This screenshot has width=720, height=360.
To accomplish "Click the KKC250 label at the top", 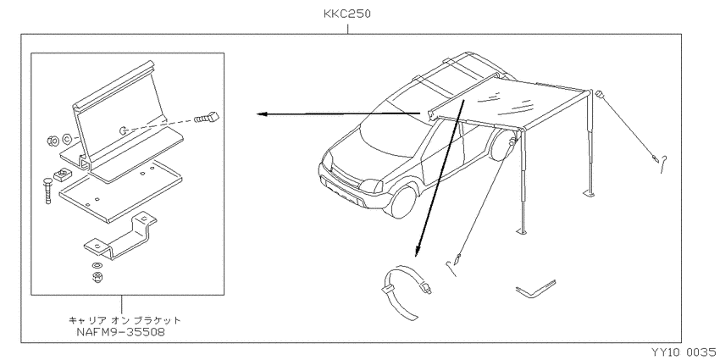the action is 346,14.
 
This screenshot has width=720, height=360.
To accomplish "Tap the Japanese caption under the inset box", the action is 125,320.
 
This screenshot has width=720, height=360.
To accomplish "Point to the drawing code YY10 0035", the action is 683,352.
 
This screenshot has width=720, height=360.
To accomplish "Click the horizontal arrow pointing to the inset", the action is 339,114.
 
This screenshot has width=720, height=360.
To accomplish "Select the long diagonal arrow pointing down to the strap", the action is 440,178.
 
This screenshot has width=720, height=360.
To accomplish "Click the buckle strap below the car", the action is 407,292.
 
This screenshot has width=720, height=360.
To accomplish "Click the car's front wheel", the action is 401,202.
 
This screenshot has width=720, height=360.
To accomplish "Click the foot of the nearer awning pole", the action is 522,233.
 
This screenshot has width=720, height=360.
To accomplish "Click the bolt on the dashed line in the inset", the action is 207,117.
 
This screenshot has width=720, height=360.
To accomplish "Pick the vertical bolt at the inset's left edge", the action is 48,190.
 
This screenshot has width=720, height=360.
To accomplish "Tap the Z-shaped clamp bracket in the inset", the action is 120,238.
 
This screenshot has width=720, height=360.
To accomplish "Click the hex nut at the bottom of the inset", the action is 97,277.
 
